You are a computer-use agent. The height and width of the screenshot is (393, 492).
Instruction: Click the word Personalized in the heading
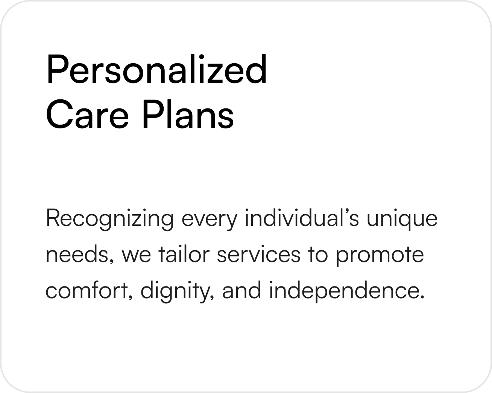[x=156, y=69]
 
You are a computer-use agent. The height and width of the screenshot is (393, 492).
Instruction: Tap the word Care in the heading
[x=87, y=114]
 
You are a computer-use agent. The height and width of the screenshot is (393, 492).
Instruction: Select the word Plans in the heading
[x=188, y=114]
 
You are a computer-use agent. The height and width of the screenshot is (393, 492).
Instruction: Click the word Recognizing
[x=110, y=219]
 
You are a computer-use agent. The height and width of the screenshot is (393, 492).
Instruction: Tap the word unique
[x=402, y=219]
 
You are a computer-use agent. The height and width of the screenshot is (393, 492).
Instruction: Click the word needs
[x=80, y=255]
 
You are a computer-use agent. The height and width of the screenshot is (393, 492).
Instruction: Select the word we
[x=136, y=256]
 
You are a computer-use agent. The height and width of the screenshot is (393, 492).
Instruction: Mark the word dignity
[x=178, y=292]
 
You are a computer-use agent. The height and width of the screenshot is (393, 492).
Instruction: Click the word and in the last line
[x=241, y=289]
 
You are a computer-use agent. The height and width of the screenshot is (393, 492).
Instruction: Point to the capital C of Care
[x=59, y=114]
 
